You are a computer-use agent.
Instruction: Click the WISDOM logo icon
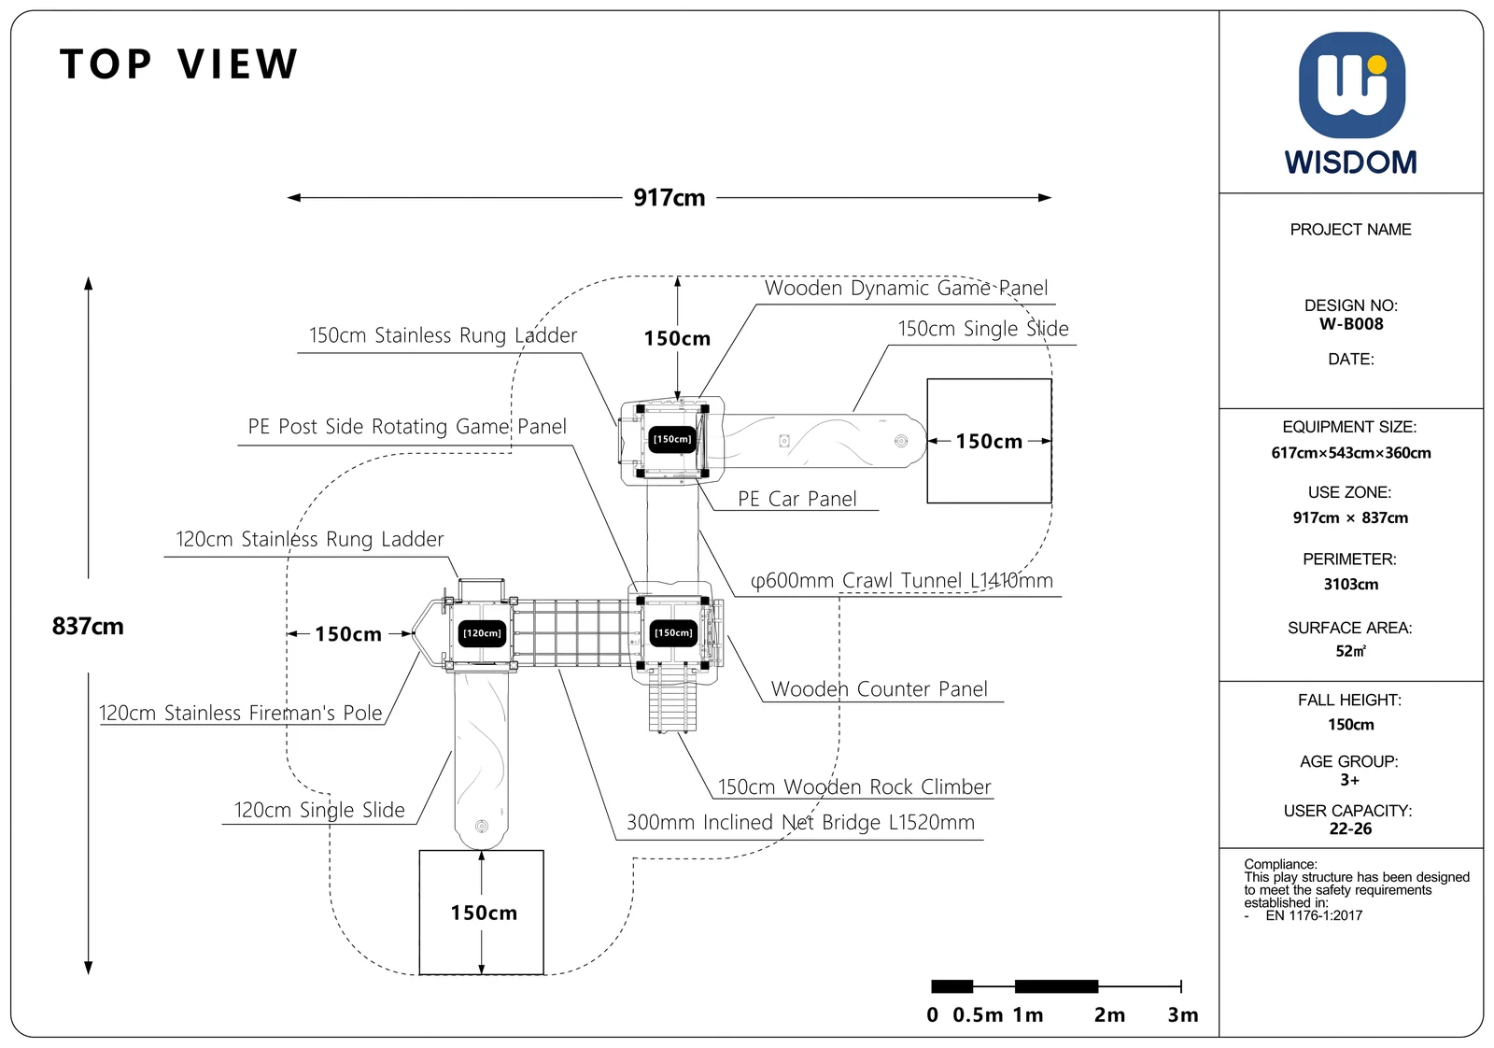(x=1351, y=85)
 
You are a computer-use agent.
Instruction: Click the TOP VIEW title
(x=178, y=64)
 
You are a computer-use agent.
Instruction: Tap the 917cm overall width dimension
(x=669, y=197)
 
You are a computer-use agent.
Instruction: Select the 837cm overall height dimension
(x=88, y=627)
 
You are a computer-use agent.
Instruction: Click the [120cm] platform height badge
(x=482, y=633)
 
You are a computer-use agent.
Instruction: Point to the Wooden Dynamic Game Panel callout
(x=906, y=288)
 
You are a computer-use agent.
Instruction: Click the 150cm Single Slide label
(x=982, y=328)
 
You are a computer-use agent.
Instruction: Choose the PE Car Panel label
(x=796, y=499)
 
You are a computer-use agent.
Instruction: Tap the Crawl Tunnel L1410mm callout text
(x=902, y=580)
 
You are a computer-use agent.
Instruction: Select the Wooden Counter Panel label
(x=879, y=688)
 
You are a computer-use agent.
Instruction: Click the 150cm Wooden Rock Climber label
(x=853, y=786)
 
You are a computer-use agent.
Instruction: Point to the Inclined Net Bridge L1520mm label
(x=800, y=822)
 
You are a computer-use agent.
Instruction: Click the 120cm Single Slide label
(x=318, y=810)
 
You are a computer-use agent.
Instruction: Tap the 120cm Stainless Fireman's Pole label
(x=241, y=713)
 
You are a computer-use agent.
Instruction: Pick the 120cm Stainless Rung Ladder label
(x=309, y=539)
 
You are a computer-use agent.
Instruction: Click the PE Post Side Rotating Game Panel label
(x=407, y=426)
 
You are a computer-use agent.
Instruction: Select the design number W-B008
(x=1350, y=324)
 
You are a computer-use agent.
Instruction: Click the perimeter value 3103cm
(x=1350, y=585)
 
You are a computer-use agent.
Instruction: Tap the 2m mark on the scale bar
(x=1109, y=1014)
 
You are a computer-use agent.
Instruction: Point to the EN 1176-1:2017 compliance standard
(x=1313, y=915)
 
